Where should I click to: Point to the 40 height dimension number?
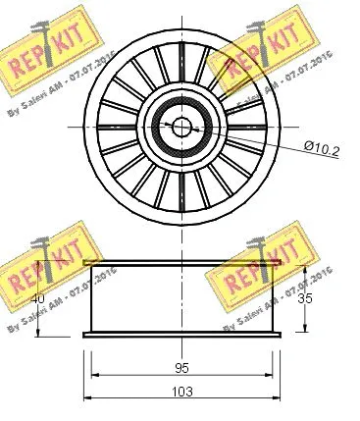pos(38,299)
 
